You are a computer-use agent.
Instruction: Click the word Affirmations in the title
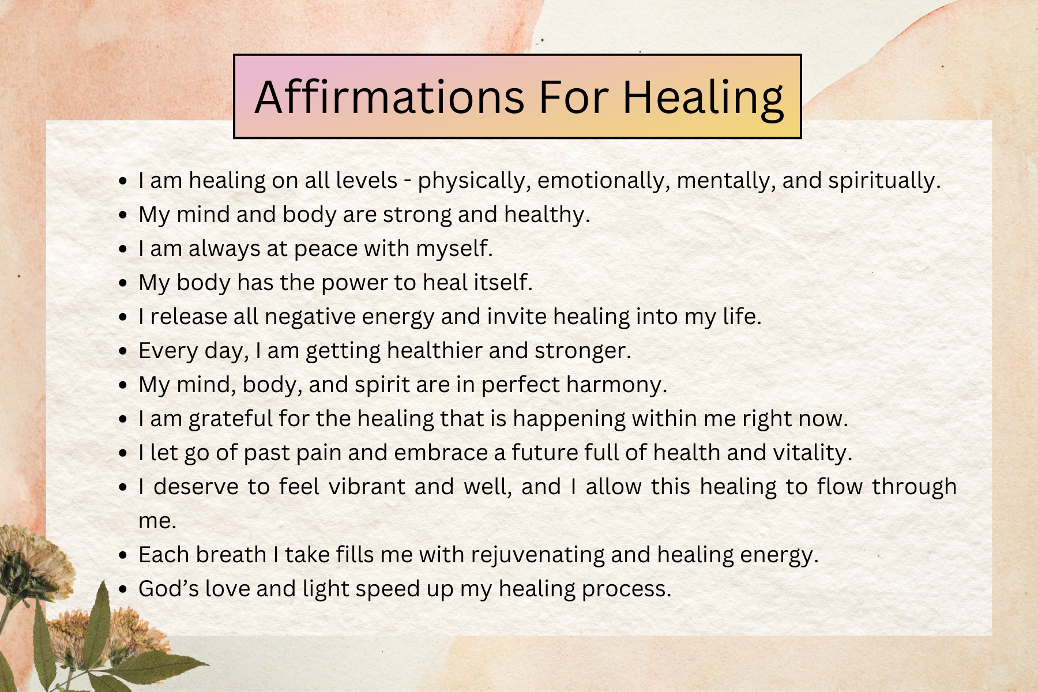[390, 96]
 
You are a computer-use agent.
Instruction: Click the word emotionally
[603, 180]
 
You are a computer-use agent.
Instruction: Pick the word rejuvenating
[538, 555]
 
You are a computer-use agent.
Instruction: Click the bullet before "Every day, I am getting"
[122, 351]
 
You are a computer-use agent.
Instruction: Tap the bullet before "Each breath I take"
[122, 555]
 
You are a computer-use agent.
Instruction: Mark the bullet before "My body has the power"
[122, 283]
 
